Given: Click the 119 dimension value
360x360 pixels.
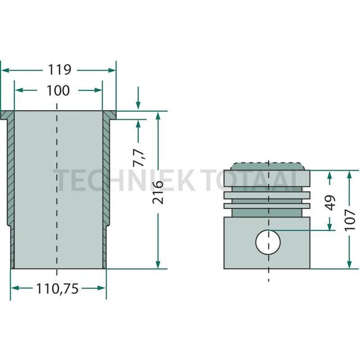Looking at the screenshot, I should pos(59,70).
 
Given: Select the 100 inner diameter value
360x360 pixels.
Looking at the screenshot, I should pos(58,90).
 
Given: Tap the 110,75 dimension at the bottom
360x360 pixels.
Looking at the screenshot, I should pos(58,288).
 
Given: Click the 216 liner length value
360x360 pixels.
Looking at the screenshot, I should pos(158,192).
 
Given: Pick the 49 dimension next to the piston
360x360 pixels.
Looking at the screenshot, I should pos(330,202).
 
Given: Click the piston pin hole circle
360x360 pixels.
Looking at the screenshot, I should pos(268,241).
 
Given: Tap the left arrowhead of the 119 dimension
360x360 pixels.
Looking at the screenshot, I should pos(4,70).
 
